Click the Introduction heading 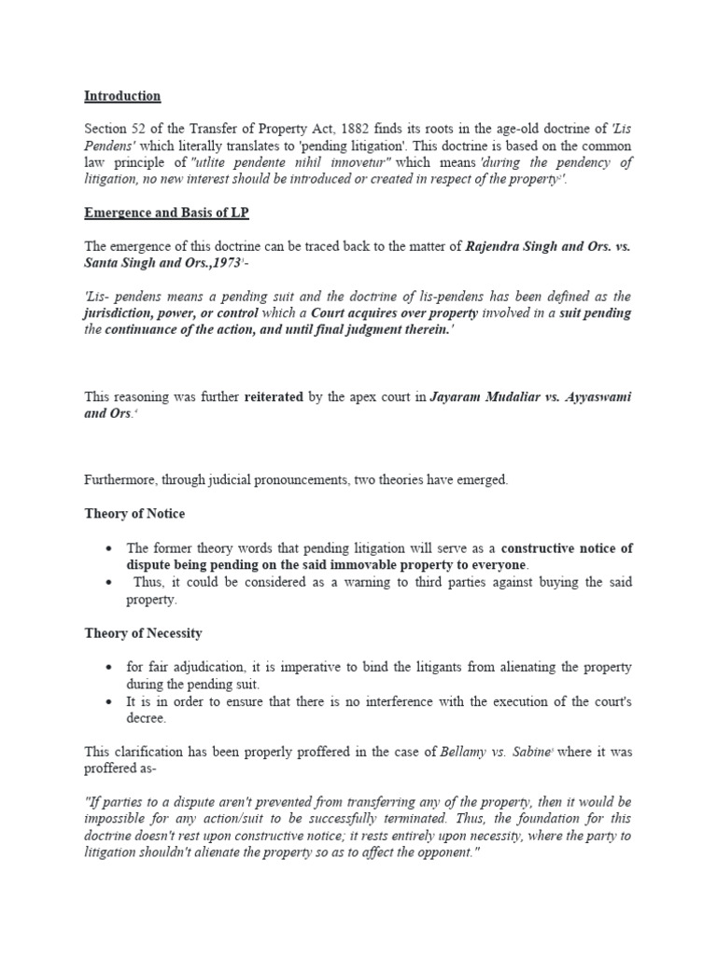tap(122, 96)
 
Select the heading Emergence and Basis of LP tap(167, 214)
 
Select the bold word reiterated tap(274, 397)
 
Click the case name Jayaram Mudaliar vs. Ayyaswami tap(529, 397)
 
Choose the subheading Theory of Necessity tap(143, 633)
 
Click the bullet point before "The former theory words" tap(110, 548)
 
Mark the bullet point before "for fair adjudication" tap(110, 668)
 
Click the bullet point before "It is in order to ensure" tap(110, 701)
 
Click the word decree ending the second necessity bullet tap(148, 718)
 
